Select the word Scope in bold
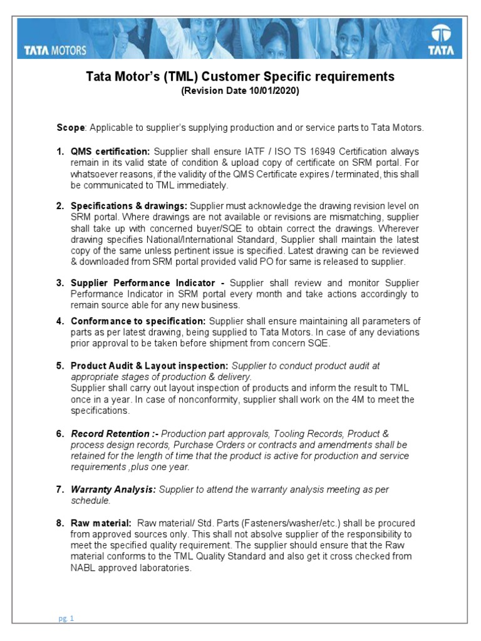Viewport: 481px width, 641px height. (71, 128)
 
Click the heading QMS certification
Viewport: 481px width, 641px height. (110, 152)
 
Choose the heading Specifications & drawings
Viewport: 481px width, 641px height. (129, 206)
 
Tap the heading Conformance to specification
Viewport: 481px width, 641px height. (138, 321)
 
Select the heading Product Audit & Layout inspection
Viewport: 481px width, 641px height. (150, 366)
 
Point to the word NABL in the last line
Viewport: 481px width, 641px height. (84, 568)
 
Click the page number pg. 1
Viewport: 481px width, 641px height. (66, 619)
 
